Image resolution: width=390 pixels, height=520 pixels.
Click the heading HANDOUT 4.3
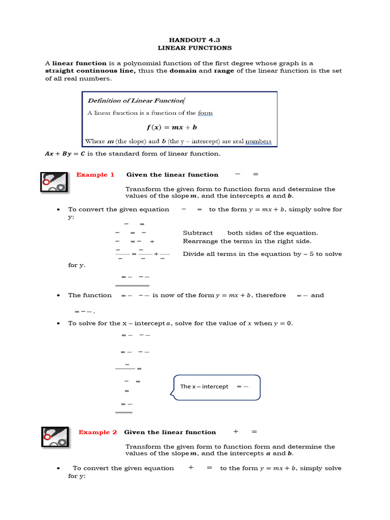(x=194, y=39)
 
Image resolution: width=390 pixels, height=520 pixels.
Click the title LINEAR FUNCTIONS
(x=194, y=48)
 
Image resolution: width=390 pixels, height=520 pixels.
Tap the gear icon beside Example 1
(x=54, y=182)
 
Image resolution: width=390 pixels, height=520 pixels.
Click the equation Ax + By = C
(x=64, y=153)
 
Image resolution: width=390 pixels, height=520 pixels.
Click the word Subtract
(x=198, y=233)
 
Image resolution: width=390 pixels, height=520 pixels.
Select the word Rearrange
(x=200, y=241)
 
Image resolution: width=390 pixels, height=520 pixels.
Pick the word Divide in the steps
(x=194, y=254)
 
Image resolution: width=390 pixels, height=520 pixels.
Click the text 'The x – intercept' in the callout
(x=204, y=386)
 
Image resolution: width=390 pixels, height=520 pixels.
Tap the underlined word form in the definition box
(x=205, y=113)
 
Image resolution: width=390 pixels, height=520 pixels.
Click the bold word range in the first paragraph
(x=224, y=71)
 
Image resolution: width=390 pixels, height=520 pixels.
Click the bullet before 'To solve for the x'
(x=59, y=323)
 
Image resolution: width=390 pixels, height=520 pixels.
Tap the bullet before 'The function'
(x=59, y=296)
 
